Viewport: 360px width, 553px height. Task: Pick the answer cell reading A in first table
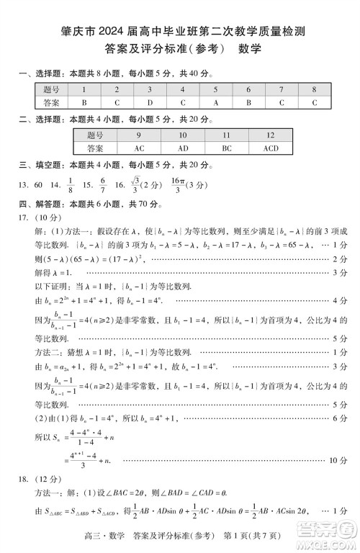[215, 102]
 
